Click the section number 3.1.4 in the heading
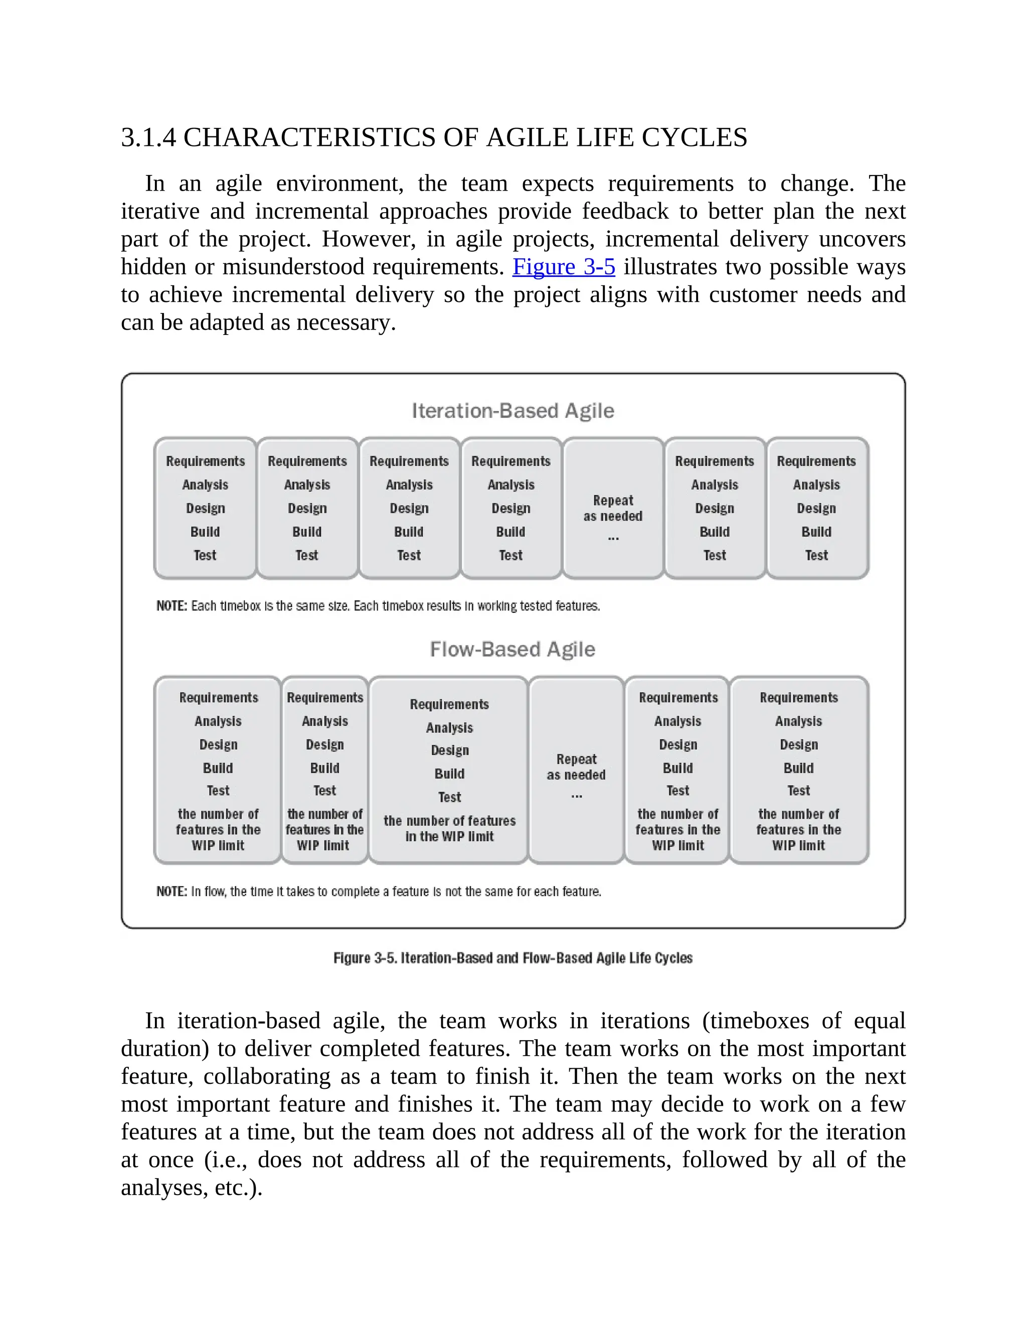click(x=148, y=137)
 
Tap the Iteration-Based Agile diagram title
click(x=513, y=411)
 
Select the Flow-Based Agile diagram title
click(x=512, y=649)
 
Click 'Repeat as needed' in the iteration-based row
click(x=613, y=508)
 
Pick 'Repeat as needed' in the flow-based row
click(x=576, y=767)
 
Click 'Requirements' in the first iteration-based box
click(x=205, y=461)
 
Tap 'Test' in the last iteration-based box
click(x=816, y=555)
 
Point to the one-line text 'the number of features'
click(x=450, y=821)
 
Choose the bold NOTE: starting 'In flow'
click(x=172, y=892)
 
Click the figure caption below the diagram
click(x=513, y=958)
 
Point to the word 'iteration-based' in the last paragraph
click(x=248, y=1021)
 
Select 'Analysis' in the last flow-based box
click(x=798, y=721)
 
